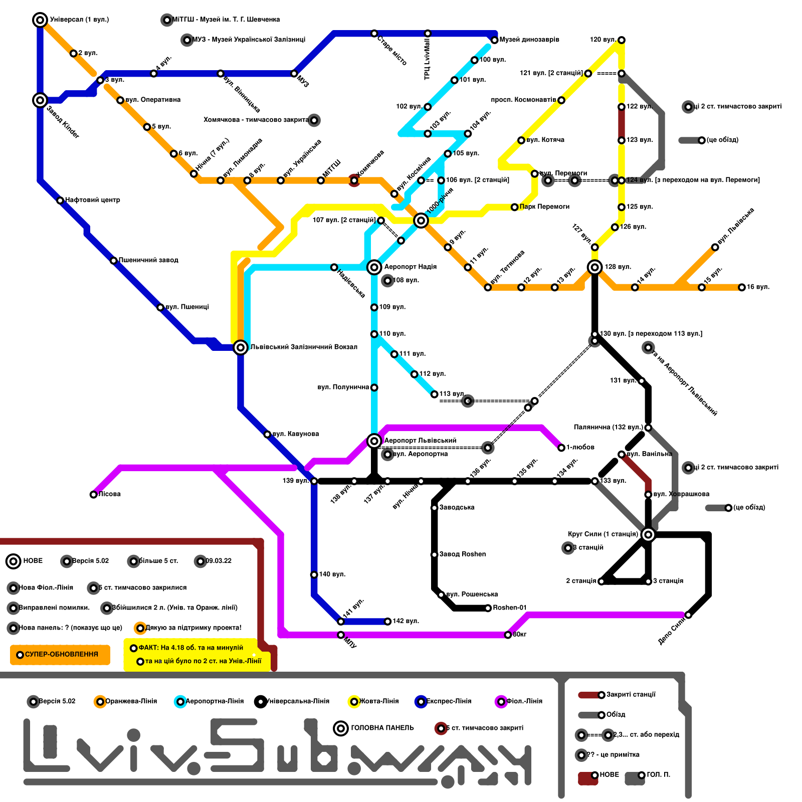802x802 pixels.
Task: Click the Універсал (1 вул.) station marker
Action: (40, 20)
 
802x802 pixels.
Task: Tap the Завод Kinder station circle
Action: (40, 100)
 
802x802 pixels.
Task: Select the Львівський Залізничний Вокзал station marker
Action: (241, 347)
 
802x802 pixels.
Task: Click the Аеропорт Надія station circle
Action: (374, 267)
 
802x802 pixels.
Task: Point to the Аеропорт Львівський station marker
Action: (374, 441)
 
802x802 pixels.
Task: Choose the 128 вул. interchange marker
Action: (595, 267)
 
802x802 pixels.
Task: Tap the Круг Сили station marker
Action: (648, 534)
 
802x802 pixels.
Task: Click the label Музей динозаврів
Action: (529, 40)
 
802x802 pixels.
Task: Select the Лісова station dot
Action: (94, 495)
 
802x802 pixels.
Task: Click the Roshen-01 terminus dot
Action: (488, 608)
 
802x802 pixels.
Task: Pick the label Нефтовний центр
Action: (93, 200)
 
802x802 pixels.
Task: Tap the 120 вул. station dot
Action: (622, 40)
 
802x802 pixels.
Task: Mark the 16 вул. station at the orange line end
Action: (742, 287)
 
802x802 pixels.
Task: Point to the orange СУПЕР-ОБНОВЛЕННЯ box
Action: (60, 655)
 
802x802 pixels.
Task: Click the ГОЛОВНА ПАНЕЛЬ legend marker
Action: (341, 728)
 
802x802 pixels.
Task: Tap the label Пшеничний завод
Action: (148, 260)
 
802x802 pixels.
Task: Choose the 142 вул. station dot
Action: (387, 622)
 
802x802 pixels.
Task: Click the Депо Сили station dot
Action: (688, 615)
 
